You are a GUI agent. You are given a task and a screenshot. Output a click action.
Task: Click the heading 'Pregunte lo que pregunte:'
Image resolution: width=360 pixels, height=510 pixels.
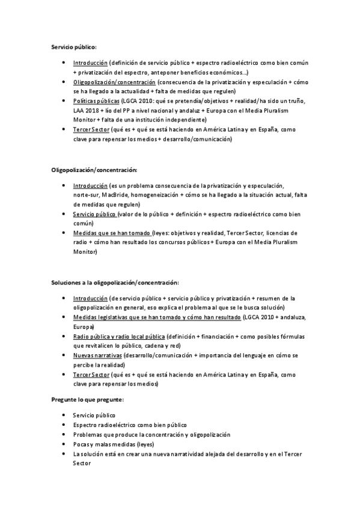[87, 399]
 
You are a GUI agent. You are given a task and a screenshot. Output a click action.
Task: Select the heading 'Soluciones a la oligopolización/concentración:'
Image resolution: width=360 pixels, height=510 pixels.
[114, 283]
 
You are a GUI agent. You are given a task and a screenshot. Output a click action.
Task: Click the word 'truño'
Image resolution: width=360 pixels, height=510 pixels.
[294, 101]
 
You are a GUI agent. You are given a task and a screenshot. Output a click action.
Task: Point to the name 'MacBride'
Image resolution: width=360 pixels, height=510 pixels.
[117, 195]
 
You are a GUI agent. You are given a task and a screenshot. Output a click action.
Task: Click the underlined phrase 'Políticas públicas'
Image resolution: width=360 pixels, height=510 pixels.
[96, 101]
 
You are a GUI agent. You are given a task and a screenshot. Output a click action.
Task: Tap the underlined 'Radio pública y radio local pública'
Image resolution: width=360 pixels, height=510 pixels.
[119, 336]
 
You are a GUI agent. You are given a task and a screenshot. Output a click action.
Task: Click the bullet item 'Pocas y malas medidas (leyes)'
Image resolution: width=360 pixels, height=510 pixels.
[112, 444]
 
